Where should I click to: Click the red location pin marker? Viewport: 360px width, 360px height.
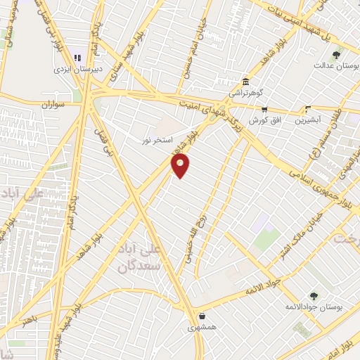tap(181, 165)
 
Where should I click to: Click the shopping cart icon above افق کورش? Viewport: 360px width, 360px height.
tap(264, 109)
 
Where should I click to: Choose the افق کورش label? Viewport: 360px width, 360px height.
tap(266, 120)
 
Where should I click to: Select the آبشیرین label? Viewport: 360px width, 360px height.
tap(309, 120)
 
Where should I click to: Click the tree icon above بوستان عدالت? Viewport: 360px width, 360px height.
tap(337, 54)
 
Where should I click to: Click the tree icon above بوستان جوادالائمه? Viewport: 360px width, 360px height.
tap(314, 296)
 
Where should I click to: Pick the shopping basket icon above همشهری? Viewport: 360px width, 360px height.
tap(202, 316)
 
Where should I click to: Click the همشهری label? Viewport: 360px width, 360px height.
tap(201, 328)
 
